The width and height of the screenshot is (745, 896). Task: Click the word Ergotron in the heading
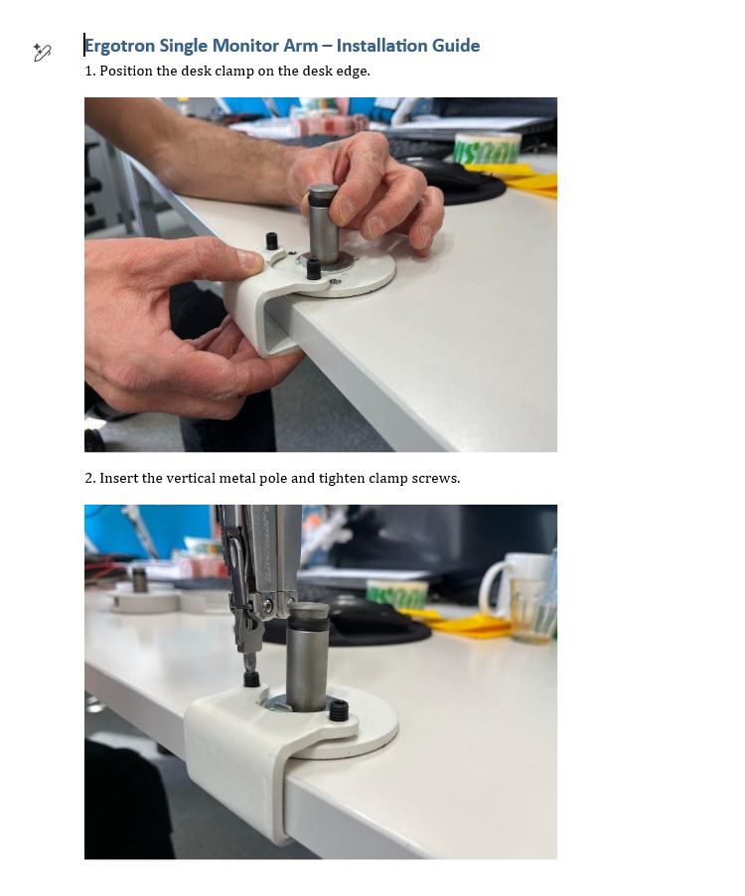click(119, 46)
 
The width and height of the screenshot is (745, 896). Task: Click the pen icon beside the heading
click(42, 52)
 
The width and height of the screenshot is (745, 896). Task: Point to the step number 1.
click(89, 71)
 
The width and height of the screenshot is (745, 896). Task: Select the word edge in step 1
click(352, 72)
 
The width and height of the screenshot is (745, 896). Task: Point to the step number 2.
click(90, 478)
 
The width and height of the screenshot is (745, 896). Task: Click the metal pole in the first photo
click(324, 224)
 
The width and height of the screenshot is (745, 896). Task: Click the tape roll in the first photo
click(487, 148)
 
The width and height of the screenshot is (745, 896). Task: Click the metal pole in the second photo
click(308, 658)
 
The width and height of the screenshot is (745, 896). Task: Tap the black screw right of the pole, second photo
click(338, 710)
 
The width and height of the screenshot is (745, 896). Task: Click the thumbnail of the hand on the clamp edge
click(249, 261)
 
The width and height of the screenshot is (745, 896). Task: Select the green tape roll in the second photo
click(397, 594)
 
